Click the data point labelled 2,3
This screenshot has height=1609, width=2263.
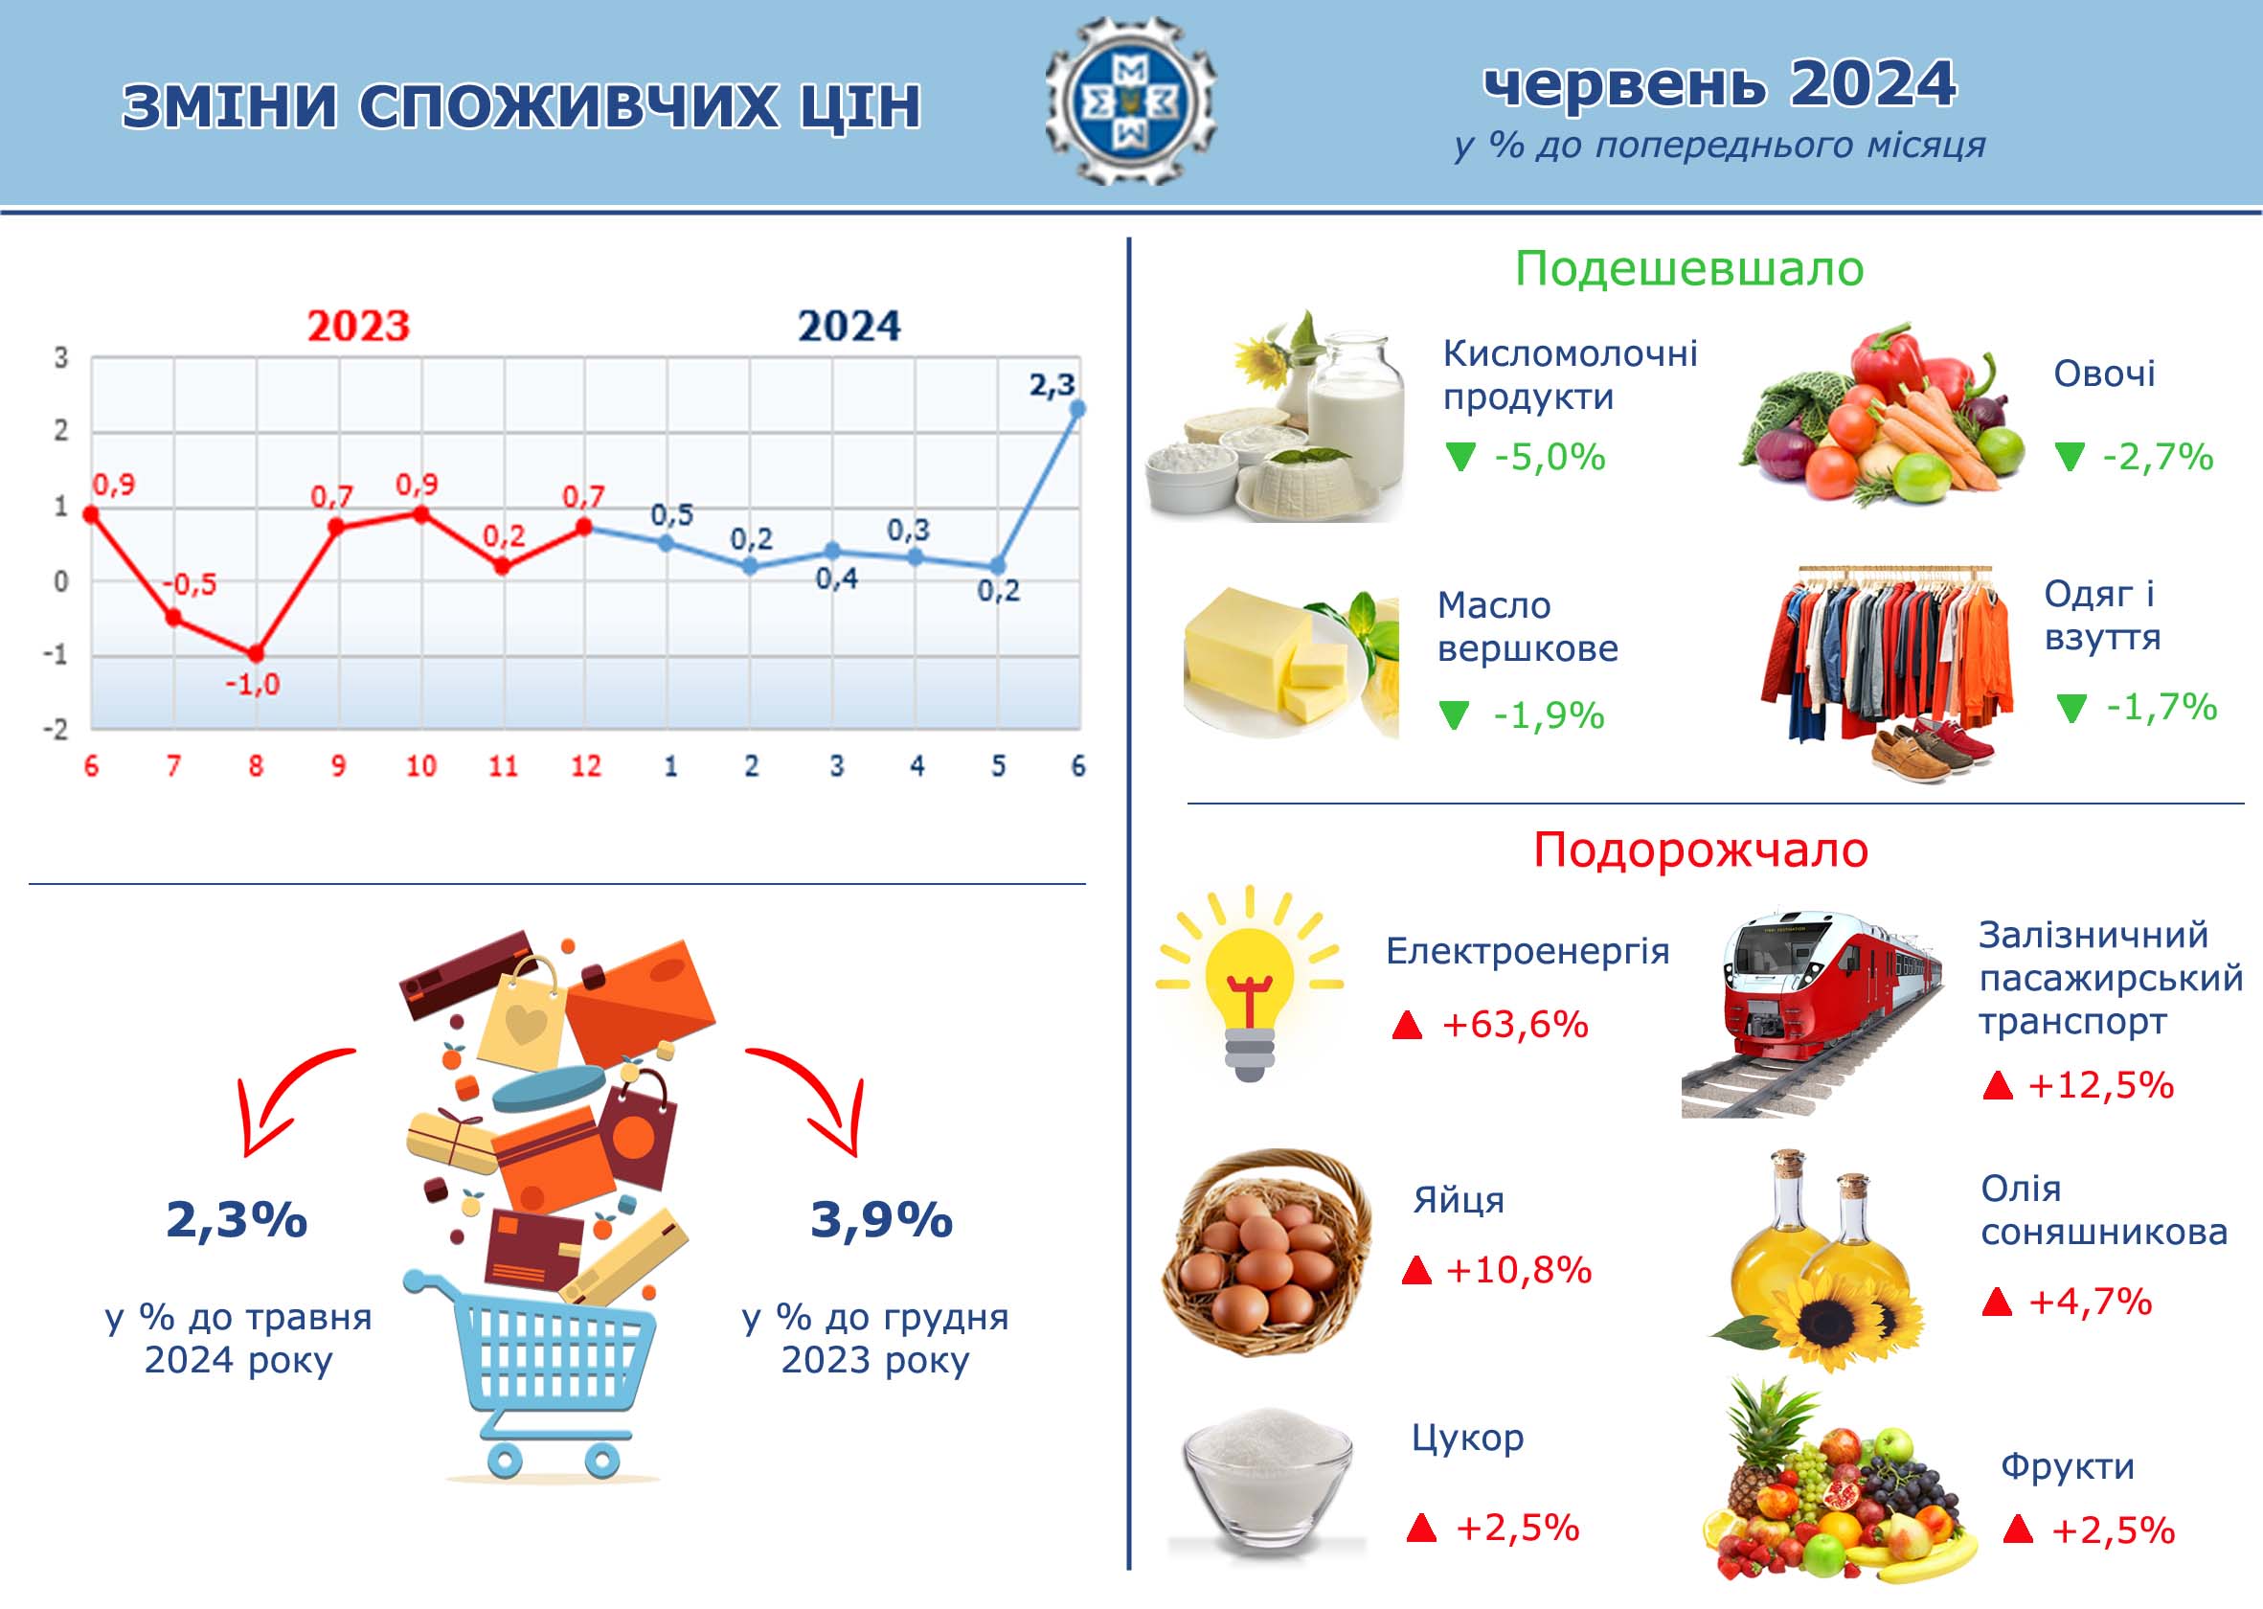pos(1078,408)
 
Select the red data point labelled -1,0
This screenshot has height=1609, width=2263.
pos(256,654)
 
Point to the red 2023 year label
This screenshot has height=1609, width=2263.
pos(357,326)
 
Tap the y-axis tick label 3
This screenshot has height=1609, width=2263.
pos(61,357)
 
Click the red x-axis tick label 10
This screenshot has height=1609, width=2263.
pos(421,766)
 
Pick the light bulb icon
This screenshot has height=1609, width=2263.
pos(1250,983)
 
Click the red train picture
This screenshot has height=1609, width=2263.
pos(1811,1014)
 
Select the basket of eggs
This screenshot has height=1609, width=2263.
pos(1265,1254)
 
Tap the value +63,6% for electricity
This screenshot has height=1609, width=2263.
pos(1515,1025)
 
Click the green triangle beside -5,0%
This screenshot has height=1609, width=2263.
pos(1460,457)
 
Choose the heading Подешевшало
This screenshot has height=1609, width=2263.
pos(1689,268)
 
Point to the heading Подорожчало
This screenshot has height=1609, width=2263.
pos(1700,850)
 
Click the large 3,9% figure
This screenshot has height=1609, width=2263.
pos(882,1219)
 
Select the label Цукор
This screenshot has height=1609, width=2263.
pos(1467,1438)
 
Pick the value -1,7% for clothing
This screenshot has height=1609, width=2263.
pos(2161,707)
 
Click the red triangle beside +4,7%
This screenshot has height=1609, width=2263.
pos(1997,1302)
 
